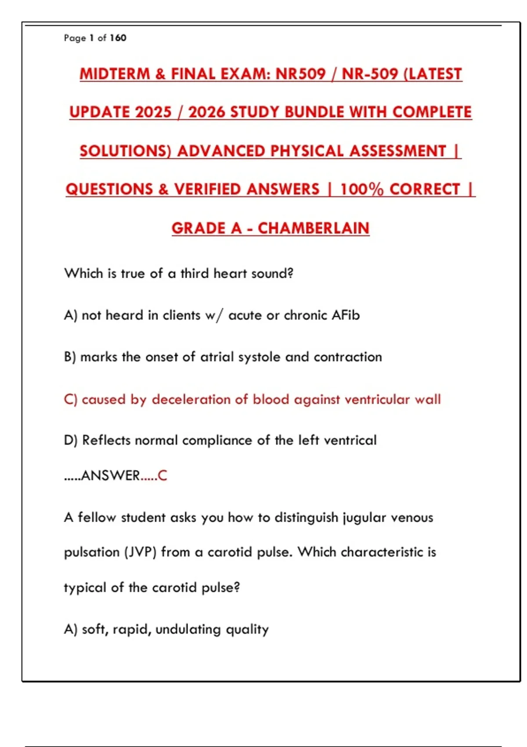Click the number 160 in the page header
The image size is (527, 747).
coord(118,38)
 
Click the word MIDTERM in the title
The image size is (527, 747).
coord(115,74)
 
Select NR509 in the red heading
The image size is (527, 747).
coord(300,74)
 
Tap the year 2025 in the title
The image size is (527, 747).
coord(153,112)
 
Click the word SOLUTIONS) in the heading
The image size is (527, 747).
coord(126,151)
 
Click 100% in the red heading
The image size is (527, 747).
coord(362,189)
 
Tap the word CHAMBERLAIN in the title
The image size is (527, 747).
coord(313,228)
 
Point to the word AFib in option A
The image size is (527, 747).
coord(346,315)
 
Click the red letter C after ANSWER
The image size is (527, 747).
coord(162,475)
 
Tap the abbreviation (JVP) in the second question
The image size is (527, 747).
coord(140,552)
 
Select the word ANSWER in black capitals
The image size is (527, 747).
coord(111,475)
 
